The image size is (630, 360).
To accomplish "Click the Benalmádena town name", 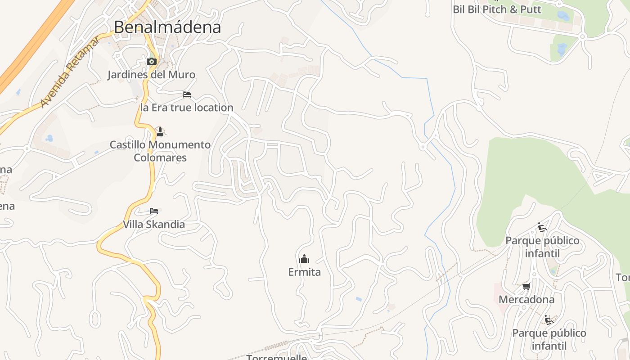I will tap(167, 27).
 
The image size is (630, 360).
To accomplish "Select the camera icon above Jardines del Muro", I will tap(151, 61).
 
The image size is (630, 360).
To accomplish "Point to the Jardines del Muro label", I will tap(151, 75).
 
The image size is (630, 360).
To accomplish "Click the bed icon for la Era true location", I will tap(187, 94).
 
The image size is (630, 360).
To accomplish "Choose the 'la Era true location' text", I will tap(187, 108).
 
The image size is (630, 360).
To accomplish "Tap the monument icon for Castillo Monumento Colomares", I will tap(160, 131).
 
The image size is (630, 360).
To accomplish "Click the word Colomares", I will tap(160, 158).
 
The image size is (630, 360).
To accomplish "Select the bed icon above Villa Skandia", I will tap(154, 211).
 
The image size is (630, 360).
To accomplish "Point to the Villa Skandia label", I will tap(154, 224).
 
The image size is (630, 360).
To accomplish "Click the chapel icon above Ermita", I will tap(304, 259).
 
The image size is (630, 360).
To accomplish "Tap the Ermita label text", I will tap(304, 272).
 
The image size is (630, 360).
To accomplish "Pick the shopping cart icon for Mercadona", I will tap(526, 286).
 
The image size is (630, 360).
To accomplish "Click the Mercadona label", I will tap(526, 299).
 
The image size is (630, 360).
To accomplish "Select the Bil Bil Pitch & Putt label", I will tap(497, 9).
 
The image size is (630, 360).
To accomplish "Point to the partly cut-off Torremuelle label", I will tap(277, 357).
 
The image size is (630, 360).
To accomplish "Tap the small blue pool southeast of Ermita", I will tap(359, 299).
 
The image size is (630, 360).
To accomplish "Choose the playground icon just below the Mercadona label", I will tap(549, 320).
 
